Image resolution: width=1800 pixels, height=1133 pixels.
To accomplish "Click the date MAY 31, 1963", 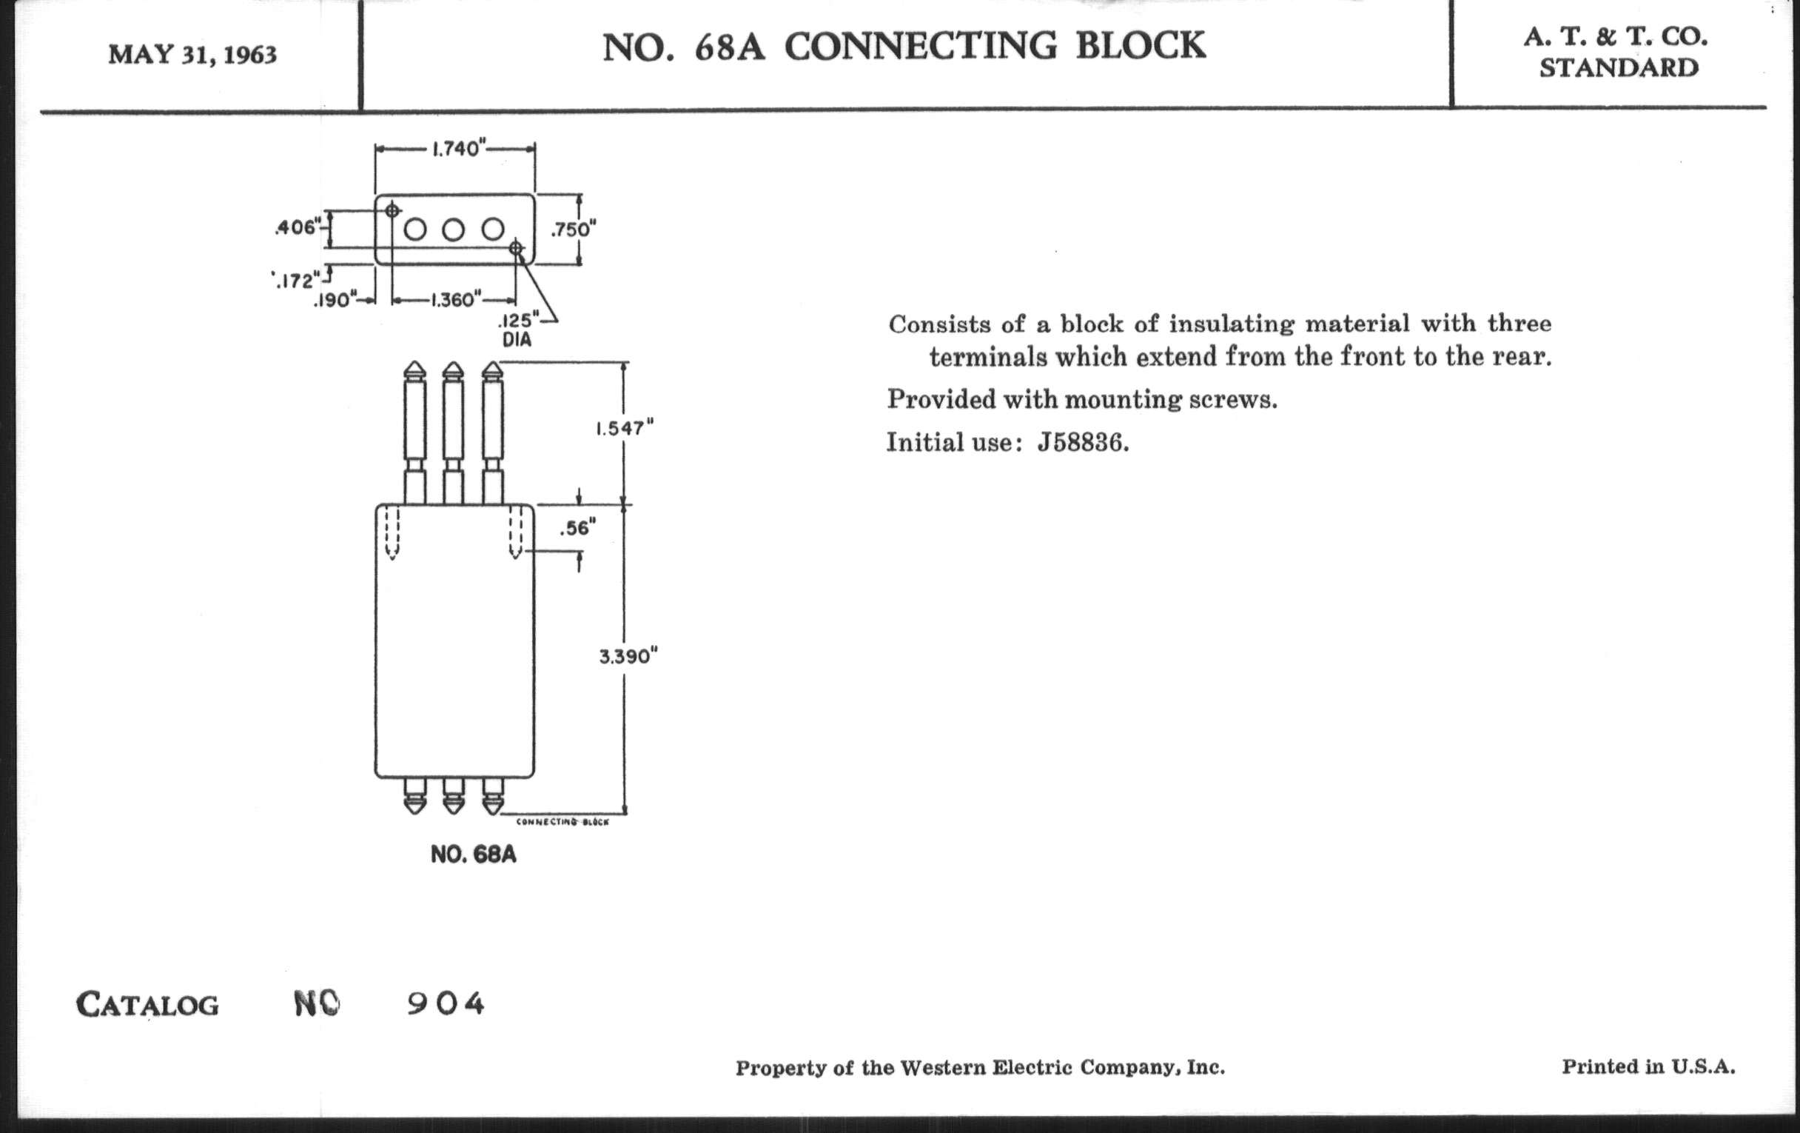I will click(193, 55).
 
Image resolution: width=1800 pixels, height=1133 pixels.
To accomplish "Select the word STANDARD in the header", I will click(1619, 68).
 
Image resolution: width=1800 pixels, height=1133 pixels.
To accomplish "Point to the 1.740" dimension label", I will click(456, 149).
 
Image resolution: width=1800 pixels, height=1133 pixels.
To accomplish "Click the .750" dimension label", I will click(573, 230).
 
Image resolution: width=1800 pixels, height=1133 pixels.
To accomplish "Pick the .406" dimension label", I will click(298, 227).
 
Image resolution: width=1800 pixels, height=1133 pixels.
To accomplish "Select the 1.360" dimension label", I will click(453, 300).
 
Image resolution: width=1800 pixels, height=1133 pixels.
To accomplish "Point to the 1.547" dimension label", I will click(624, 429).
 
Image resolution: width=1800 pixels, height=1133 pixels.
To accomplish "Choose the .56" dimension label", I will click(578, 529).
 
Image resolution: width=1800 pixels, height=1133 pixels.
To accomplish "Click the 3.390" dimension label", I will click(628, 657).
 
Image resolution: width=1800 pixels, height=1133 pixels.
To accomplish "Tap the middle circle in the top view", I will click(453, 230).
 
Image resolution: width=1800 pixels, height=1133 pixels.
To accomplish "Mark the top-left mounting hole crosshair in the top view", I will click(392, 211).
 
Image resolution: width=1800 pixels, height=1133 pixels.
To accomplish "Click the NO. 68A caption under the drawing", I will click(473, 855).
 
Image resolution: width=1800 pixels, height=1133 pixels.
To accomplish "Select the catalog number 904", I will click(446, 1003).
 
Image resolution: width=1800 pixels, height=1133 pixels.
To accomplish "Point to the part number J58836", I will click(1082, 444).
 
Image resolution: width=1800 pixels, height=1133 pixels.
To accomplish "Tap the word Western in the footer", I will click(943, 1068).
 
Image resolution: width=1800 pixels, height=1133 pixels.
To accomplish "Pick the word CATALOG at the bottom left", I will click(147, 1004).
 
